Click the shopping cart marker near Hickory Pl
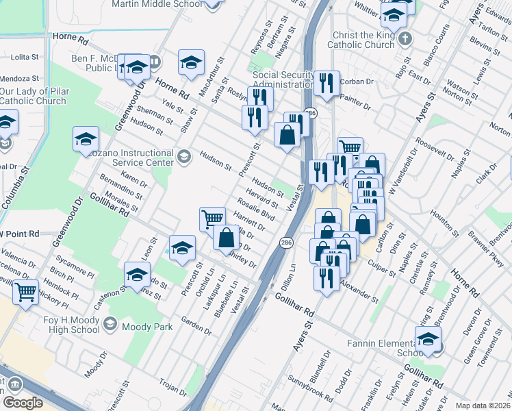[26, 291]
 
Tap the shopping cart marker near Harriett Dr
[212, 219]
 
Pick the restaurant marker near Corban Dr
[327, 84]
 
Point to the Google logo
[23, 403]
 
